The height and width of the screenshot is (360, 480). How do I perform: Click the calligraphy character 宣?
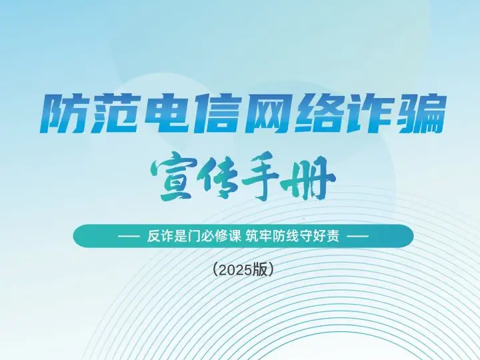point(172,176)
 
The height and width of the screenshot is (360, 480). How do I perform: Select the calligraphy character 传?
point(217,177)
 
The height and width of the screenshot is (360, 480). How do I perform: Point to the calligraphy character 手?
point(260,177)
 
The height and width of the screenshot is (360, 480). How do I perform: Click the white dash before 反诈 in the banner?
point(129,236)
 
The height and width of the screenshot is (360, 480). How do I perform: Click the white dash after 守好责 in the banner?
point(358,236)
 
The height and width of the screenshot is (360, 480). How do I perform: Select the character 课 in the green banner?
point(235,236)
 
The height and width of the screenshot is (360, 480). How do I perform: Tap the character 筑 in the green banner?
point(251,236)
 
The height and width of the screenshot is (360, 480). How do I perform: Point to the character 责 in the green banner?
point(334,236)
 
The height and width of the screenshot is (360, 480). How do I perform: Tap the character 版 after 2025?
point(259,270)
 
